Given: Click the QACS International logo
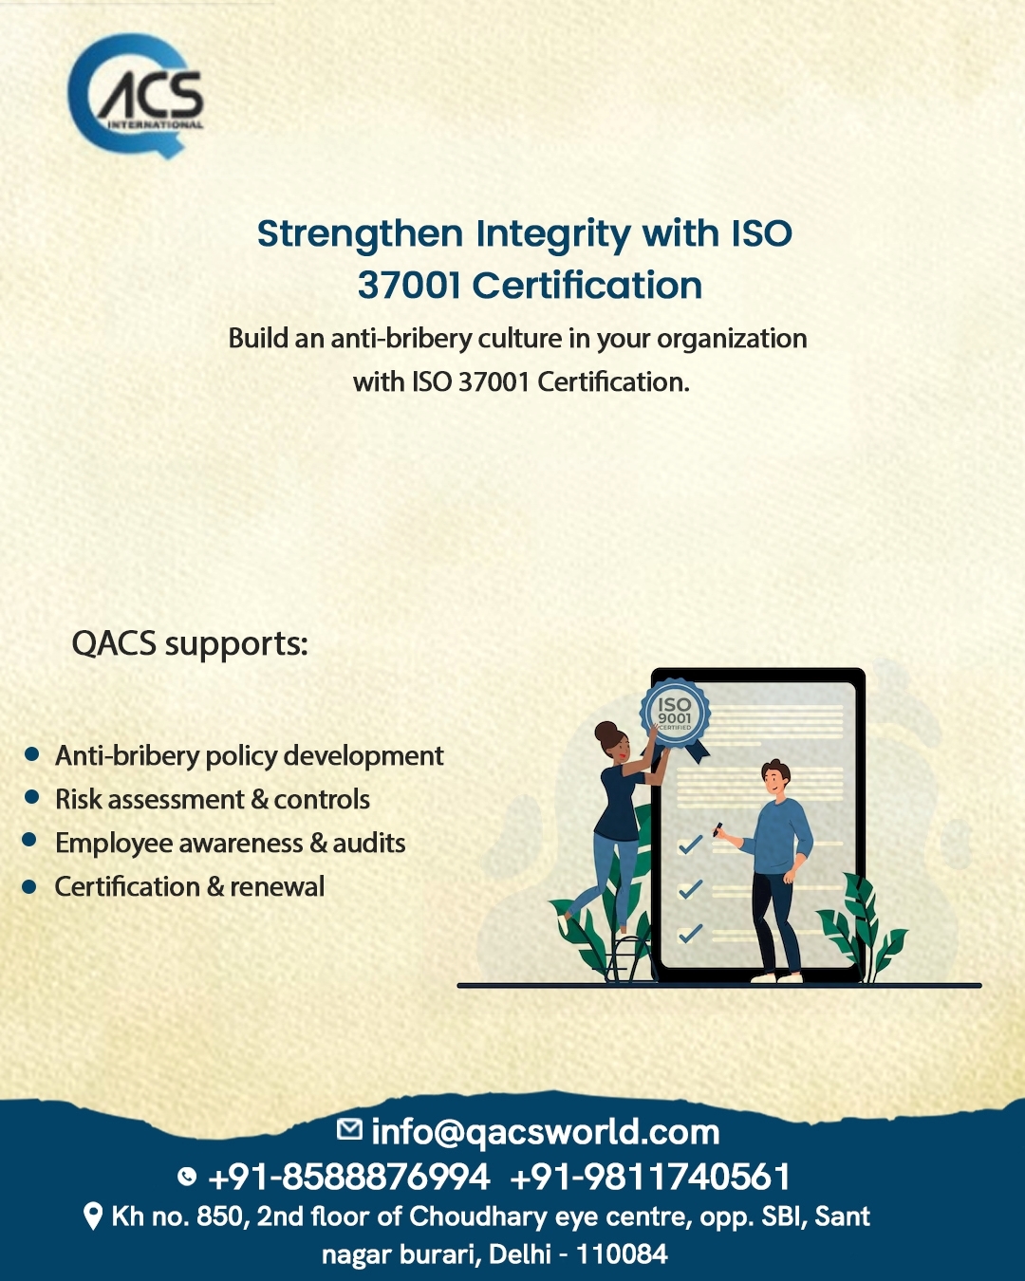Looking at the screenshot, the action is pyautogui.click(x=135, y=96).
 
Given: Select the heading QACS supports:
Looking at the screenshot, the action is pyautogui.click(x=190, y=644).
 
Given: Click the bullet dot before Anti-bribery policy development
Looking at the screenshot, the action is pyautogui.click(x=31, y=754).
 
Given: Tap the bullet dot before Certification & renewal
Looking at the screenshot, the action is pyautogui.click(x=29, y=887).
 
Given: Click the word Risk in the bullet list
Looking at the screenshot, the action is pyautogui.click(x=79, y=799).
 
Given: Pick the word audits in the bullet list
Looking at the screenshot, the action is pyautogui.click(x=368, y=844).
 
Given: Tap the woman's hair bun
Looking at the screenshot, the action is pyautogui.click(x=606, y=731).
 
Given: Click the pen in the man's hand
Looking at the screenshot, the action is pyautogui.click(x=717, y=828).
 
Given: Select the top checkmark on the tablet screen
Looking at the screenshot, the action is pyautogui.click(x=690, y=845).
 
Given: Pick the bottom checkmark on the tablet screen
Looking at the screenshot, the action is pyautogui.click(x=690, y=933).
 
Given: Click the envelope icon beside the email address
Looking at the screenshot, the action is pyautogui.click(x=349, y=1128).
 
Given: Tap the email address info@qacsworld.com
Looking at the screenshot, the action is pyautogui.click(x=545, y=1132).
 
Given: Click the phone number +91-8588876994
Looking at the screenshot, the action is pyautogui.click(x=349, y=1177).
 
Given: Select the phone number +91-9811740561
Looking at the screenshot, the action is pyautogui.click(x=650, y=1177).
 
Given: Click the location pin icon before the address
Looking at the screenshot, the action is pyautogui.click(x=93, y=1216).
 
